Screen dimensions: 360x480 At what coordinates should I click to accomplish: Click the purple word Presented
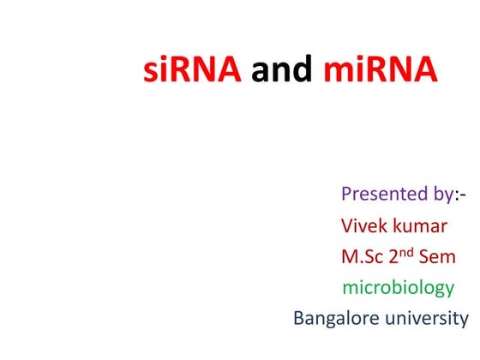click(x=381, y=194)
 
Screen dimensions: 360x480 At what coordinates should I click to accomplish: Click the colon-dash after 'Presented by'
click(x=460, y=195)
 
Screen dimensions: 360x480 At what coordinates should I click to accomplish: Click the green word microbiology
click(x=398, y=288)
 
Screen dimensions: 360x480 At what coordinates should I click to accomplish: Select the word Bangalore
click(x=335, y=319)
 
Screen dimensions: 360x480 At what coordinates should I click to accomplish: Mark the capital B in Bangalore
click(x=299, y=319)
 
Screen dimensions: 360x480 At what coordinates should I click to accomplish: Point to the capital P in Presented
click(x=347, y=194)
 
